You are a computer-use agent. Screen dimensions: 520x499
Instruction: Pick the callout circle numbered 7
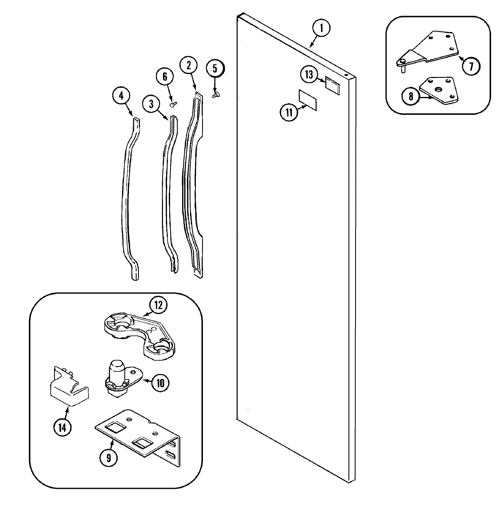(x=471, y=66)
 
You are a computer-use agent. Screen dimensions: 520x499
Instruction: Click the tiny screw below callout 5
(x=215, y=95)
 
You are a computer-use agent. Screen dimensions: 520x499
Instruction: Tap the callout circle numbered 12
(x=158, y=306)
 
